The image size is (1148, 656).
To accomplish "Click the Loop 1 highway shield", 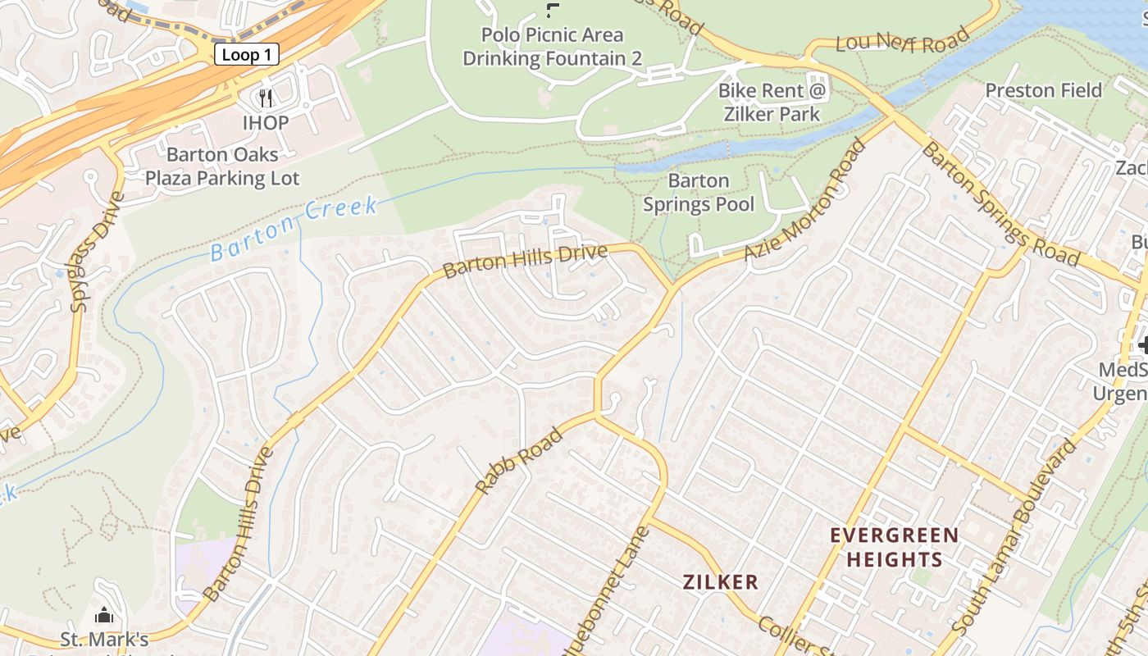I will point(247,55).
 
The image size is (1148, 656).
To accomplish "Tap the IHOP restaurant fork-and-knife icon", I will point(265,98).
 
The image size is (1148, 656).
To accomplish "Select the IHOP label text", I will point(265,123).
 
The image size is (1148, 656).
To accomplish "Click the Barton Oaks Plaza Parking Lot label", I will point(222,166).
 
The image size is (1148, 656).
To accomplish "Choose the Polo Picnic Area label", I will point(552,35).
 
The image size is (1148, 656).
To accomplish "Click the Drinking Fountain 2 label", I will point(552,59).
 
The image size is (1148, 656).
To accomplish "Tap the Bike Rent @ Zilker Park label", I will point(772,102).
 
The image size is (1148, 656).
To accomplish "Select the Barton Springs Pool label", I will point(698,192).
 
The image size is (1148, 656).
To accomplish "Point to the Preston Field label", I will point(1043,90).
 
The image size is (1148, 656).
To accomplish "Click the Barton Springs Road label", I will point(999,204).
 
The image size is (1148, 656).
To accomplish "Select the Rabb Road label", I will point(520,460).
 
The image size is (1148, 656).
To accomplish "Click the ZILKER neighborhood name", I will point(720,582).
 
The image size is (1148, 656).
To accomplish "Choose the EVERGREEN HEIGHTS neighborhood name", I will point(894,548).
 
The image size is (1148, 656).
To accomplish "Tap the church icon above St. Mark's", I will point(104,614).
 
